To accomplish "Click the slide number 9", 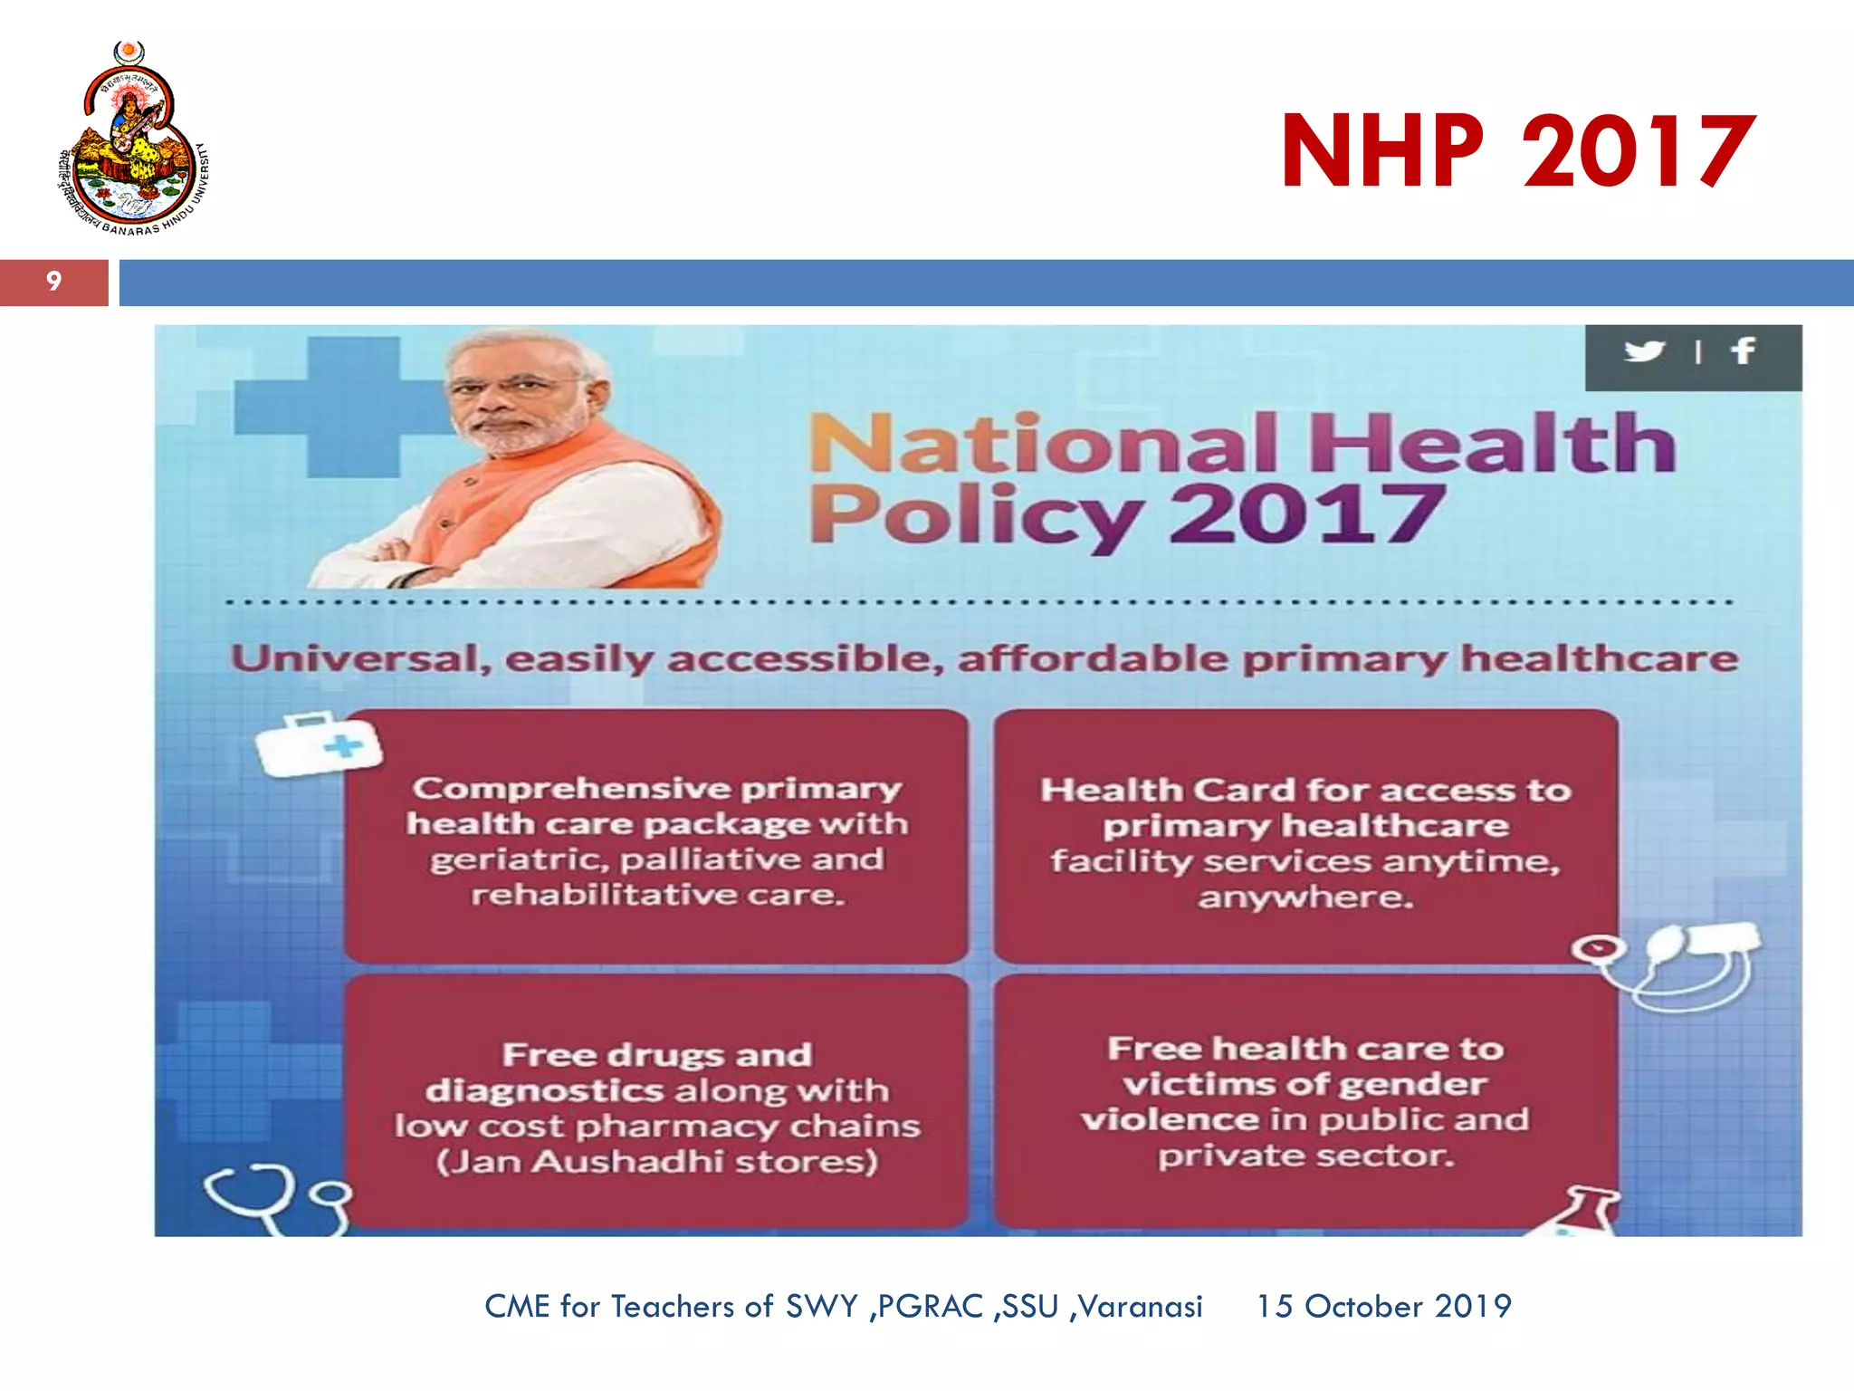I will tap(53, 282).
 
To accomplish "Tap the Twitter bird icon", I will tap(1644, 350).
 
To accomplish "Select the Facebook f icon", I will tap(1743, 350).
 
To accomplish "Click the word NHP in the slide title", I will tap(1382, 151).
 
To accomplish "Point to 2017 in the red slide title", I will tap(1639, 151).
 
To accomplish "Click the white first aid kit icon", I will tap(318, 744).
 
